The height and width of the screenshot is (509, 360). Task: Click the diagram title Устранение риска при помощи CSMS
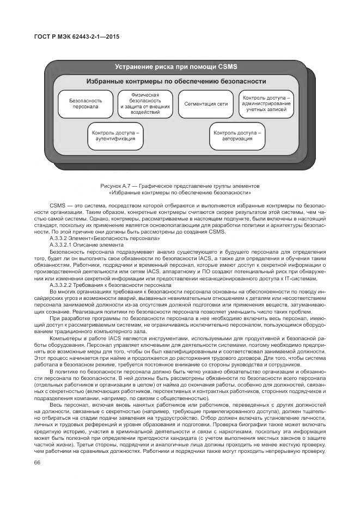point(176,67)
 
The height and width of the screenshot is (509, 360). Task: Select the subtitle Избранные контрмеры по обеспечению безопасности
point(176,82)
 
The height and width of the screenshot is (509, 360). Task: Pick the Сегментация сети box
point(206,103)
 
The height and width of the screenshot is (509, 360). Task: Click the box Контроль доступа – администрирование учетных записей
point(267,103)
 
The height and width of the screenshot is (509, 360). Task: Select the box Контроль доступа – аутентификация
point(115,136)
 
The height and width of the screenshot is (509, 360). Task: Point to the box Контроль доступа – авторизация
point(237,136)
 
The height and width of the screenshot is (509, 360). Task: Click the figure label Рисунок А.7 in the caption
point(115,186)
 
